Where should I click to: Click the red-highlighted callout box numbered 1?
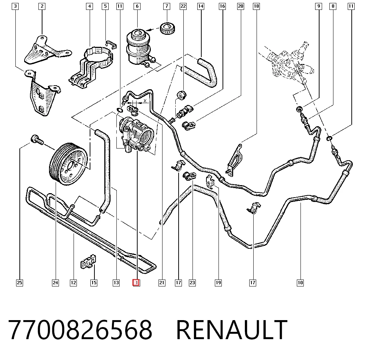point(136,282)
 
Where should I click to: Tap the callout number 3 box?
point(15,6)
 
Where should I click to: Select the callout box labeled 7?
point(167,6)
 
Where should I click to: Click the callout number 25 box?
point(20,282)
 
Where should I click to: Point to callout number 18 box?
point(256,6)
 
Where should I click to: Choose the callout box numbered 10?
point(300,282)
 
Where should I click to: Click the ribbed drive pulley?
point(68,164)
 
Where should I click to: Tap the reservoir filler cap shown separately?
point(168,28)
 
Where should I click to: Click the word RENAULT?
point(231,330)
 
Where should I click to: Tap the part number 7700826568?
point(80,330)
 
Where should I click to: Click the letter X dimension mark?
point(145,101)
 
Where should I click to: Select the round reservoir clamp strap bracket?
point(91,67)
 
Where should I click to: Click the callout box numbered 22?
point(183,6)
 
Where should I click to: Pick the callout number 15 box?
point(94,282)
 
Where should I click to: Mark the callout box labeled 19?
point(218,282)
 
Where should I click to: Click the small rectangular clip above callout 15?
point(88,261)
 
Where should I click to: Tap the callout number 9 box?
point(319,6)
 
